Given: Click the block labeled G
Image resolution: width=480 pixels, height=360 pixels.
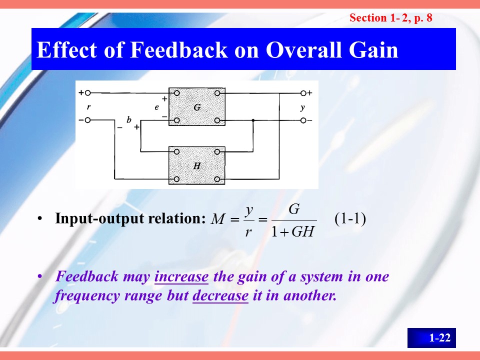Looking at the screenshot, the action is tap(197, 106).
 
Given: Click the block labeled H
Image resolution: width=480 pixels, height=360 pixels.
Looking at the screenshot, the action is tap(197, 165).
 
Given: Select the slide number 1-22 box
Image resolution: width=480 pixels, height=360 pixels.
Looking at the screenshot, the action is tap(431, 337).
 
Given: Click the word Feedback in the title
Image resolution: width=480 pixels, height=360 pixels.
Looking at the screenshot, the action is tap(179, 49).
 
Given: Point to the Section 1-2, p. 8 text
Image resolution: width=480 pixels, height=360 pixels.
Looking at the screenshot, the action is tap(391, 18).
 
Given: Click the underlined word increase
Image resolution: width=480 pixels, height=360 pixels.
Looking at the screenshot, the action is tap(181, 276).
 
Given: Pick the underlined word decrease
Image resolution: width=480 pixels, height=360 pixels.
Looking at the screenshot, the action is tap(220, 295).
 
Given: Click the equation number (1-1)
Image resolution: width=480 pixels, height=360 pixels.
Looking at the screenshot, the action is tap(350, 218).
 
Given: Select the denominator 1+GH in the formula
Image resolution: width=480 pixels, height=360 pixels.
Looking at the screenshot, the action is tap(293, 231).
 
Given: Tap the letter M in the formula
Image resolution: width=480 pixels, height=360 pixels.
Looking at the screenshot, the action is tap(218, 219).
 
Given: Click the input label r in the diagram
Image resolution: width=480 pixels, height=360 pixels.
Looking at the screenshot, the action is tap(89, 107).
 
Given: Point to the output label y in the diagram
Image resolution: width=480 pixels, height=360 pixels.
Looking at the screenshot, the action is tap(302, 107).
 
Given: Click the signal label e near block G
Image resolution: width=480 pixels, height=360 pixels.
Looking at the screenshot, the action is tap(156, 107).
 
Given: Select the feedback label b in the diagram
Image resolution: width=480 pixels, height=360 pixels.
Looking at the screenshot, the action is tap(129, 119).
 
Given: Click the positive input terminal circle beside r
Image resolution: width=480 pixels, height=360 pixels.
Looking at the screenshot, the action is tap(88, 93).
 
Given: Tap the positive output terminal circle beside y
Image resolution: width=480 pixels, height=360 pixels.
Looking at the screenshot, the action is tap(303, 93).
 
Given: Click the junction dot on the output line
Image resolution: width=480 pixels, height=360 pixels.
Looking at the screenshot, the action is tap(253, 120).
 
